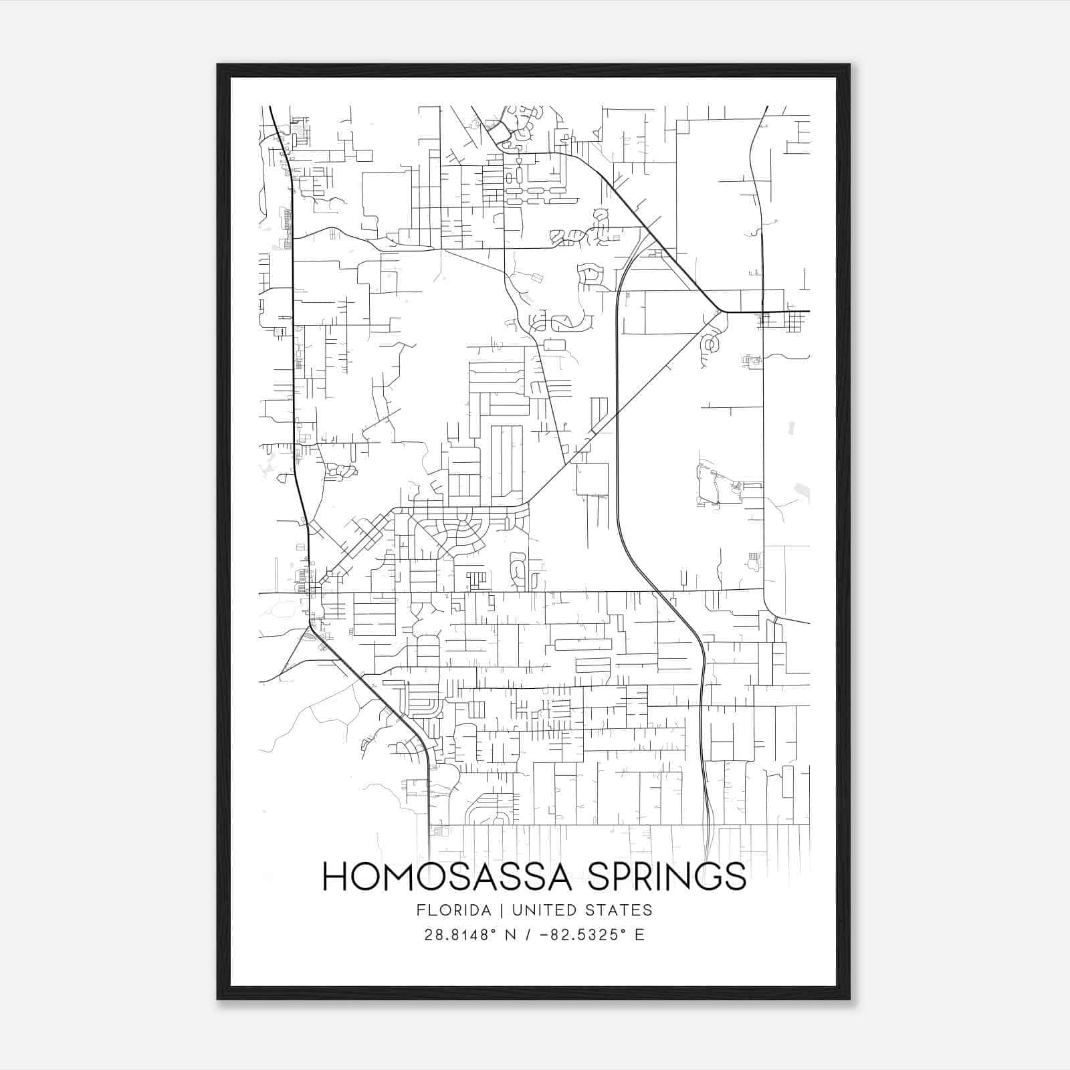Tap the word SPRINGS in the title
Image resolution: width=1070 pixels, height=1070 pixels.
click(666, 876)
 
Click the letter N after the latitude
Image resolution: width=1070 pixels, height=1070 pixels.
click(510, 935)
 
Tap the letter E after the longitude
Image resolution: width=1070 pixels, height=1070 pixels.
click(640, 935)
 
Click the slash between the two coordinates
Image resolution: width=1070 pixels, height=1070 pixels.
click(529, 935)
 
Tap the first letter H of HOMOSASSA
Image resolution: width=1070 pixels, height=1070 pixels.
click(334, 876)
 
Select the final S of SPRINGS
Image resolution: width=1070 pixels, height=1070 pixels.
click(735, 876)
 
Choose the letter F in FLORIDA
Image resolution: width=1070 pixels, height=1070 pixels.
click(420, 910)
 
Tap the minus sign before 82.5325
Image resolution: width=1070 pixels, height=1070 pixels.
click(544, 935)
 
